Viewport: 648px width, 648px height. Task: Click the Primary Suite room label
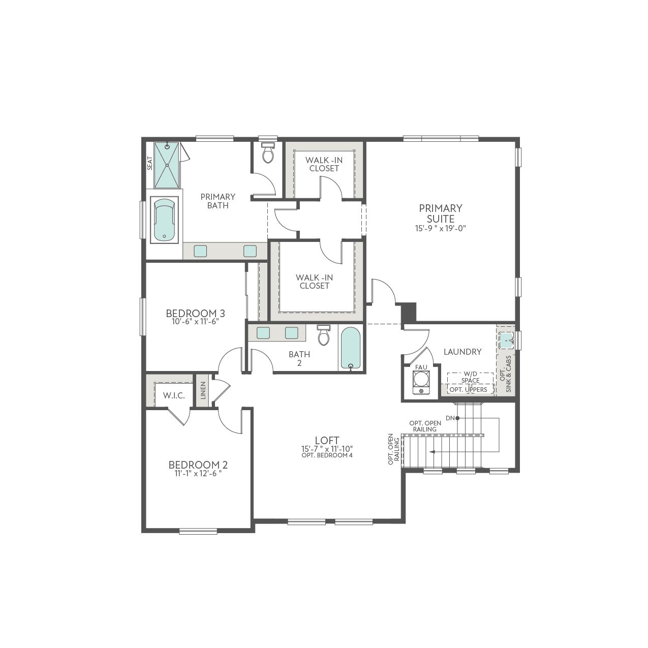pyautogui.click(x=441, y=213)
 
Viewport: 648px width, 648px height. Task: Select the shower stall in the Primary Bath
pyautogui.click(x=167, y=165)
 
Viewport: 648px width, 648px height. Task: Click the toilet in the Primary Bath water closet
pyautogui.click(x=268, y=152)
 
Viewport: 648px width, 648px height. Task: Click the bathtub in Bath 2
pyautogui.click(x=351, y=349)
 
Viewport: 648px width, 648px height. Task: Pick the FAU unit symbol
pyautogui.click(x=420, y=383)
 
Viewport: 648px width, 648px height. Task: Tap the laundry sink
pyautogui.click(x=506, y=341)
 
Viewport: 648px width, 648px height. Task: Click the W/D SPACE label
pyautogui.click(x=471, y=377)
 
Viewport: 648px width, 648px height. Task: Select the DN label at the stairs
pyautogui.click(x=450, y=418)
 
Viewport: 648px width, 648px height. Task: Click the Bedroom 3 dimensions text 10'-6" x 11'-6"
pyautogui.click(x=195, y=321)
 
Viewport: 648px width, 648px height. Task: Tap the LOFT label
pyautogui.click(x=327, y=440)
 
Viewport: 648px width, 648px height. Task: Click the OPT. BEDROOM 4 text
pyautogui.click(x=327, y=456)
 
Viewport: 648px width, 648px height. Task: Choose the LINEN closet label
pyautogui.click(x=203, y=390)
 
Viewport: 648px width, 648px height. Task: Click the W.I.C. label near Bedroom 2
pyautogui.click(x=174, y=396)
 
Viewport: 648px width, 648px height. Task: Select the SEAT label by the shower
pyautogui.click(x=150, y=164)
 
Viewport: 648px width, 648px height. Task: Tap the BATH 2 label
pyautogui.click(x=299, y=358)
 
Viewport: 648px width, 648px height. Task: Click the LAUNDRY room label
pyautogui.click(x=462, y=352)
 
